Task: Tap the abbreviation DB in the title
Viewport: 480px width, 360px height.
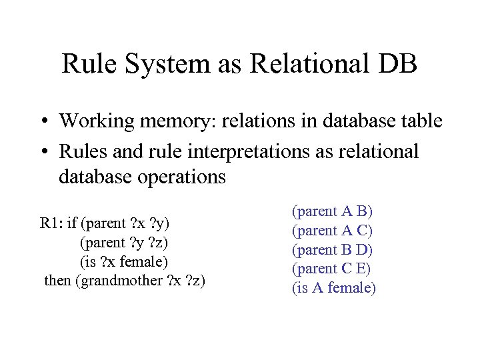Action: [398, 64]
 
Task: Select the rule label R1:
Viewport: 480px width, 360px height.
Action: [51, 223]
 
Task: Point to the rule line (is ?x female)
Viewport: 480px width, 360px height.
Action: [123, 261]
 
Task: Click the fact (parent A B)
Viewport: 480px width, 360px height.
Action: [333, 211]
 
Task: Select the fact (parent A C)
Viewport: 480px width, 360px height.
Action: [333, 231]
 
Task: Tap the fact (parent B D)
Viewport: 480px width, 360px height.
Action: [333, 250]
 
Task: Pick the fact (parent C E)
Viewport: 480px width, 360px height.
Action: [332, 269]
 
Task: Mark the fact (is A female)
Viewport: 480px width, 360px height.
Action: [334, 288]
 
